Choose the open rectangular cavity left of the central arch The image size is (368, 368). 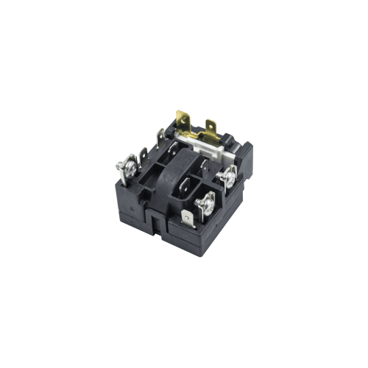[156, 177]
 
